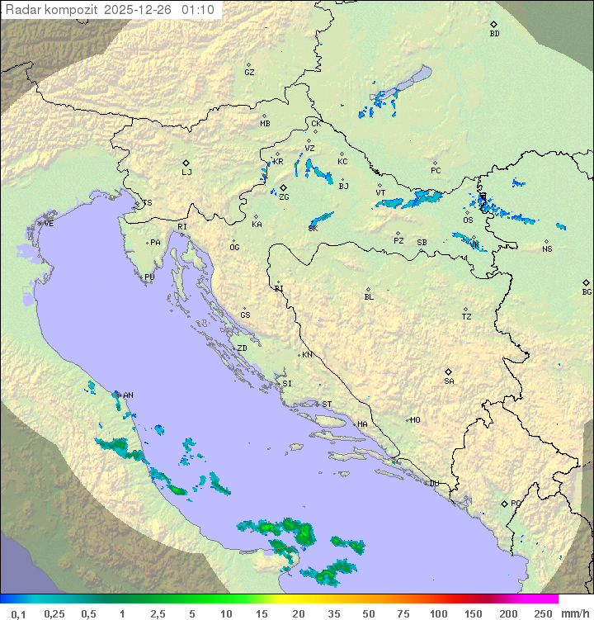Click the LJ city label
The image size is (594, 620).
click(186, 173)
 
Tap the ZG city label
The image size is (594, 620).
click(284, 197)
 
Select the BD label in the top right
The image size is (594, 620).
click(494, 34)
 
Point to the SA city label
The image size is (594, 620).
click(449, 381)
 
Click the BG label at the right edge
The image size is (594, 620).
click(587, 291)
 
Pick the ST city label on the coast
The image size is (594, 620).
click(327, 405)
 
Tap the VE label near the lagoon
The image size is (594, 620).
click(49, 224)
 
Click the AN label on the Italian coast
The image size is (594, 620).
click(128, 395)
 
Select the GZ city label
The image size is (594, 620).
click(249, 73)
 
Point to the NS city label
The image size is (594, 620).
click(547, 249)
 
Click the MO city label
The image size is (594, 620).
click(415, 420)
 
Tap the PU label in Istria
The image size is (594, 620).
click(149, 277)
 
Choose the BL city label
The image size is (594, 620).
click(369, 297)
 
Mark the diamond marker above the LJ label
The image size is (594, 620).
click(186, 163)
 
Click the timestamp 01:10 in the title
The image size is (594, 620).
click(199, 10)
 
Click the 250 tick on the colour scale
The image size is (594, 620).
click(542, 613)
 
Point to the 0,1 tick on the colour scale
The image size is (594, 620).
click(18, 613)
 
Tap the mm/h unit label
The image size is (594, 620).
click(574, 613)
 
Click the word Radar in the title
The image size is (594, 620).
click(21, 10)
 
